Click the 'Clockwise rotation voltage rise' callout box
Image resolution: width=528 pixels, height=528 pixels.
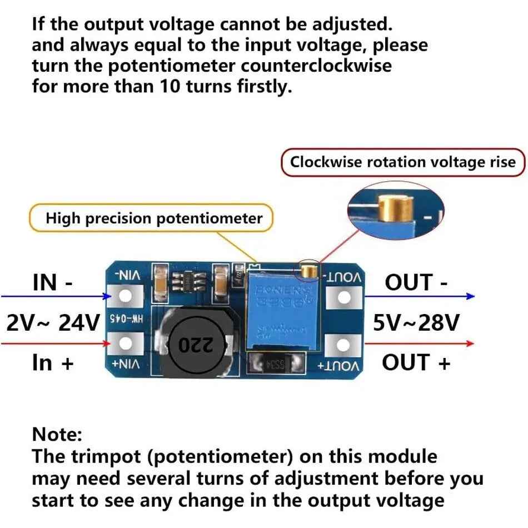pos(403,162)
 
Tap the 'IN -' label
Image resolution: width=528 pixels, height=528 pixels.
pos(53,282)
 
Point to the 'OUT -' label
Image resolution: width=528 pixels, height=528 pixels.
pos(416,282)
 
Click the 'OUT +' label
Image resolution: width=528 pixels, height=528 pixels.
pos(416,362)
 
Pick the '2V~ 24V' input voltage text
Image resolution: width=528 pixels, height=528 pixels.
pos(53,322)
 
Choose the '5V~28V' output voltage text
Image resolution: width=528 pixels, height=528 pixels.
pos(416,322)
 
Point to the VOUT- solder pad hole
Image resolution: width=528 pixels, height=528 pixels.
pos(344,298)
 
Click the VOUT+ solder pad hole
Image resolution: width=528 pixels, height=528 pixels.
pos(344,345)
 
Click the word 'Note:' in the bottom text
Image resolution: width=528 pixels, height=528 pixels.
pos(57,434)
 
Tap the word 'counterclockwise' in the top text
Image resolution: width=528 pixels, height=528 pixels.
pos(316,66)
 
